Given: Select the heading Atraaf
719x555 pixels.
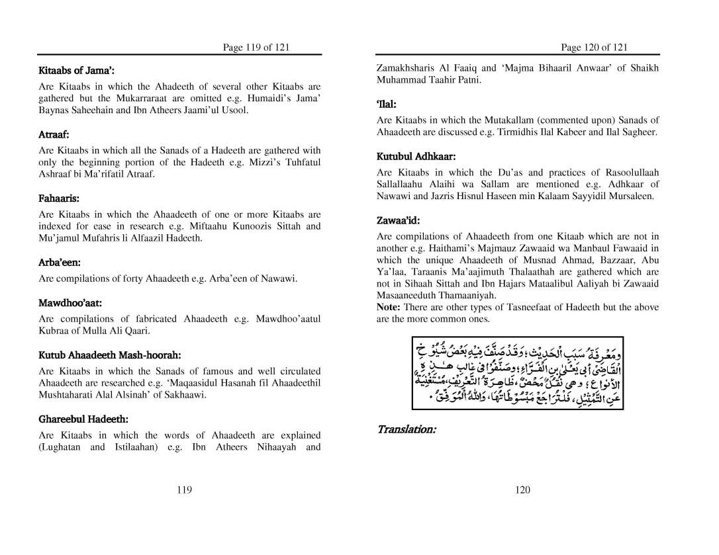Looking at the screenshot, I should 54,134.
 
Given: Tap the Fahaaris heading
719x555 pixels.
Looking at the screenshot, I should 59,198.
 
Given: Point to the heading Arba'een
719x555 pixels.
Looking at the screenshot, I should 60,263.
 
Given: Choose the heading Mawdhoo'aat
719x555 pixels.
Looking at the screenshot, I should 70,304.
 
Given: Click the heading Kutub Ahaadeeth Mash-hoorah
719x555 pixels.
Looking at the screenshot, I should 110,355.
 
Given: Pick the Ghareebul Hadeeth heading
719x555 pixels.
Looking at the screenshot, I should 83,419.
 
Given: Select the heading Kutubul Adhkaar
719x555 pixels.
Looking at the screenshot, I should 416,157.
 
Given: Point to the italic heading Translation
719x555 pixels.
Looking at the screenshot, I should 406,430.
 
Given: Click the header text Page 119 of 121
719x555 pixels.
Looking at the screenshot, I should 256,47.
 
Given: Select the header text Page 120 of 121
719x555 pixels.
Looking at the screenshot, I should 594,47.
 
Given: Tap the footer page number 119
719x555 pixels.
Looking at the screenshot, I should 185,490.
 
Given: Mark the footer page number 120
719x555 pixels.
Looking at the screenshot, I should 522,490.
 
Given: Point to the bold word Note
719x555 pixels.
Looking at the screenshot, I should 388,308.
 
